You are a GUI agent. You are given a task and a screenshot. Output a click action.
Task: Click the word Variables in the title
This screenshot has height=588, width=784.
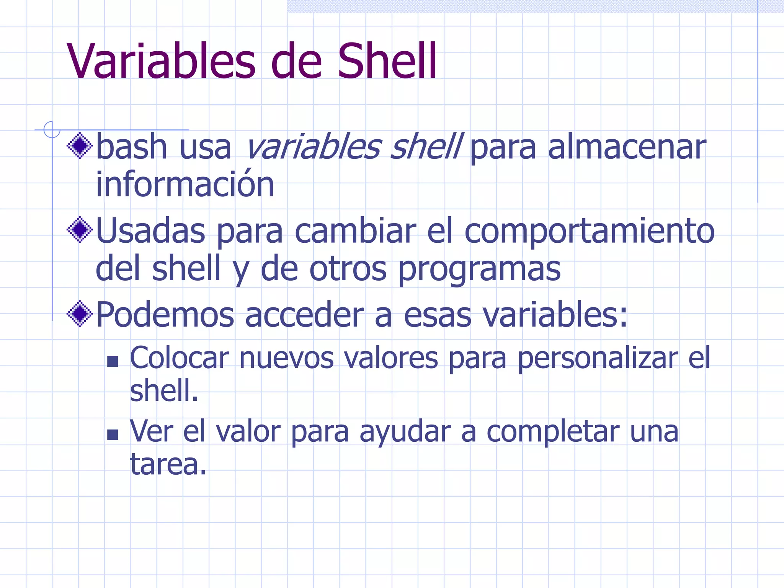pyautogui.click(x=161, y=61)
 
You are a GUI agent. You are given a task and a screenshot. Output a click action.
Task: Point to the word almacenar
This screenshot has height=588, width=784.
pyautogui.click(x=627, y=147)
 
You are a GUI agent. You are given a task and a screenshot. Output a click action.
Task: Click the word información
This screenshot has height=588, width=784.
pyautogui.click(x=185, y=184)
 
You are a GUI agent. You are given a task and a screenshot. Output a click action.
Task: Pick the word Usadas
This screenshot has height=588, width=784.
pyautogui.click(x=150, y=231)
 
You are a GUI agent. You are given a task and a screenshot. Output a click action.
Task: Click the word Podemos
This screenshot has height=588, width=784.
pyautogui.click(x=165, y=315)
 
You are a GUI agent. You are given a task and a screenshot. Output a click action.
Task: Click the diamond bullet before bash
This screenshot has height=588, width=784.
pyautogui.click(x=80, y=145)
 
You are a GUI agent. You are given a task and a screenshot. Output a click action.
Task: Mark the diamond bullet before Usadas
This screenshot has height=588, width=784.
pyautogui.click(x=80, y=230)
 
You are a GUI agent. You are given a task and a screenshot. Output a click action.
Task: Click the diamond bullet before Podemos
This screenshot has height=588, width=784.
pyautogui.click(x=80, y=314)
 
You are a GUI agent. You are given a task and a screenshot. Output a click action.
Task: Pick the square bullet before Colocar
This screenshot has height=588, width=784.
pyautogui.click(x=113, y=361)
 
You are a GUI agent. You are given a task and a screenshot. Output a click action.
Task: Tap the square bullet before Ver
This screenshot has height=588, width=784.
pyautogui.click(x=113, y=434)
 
